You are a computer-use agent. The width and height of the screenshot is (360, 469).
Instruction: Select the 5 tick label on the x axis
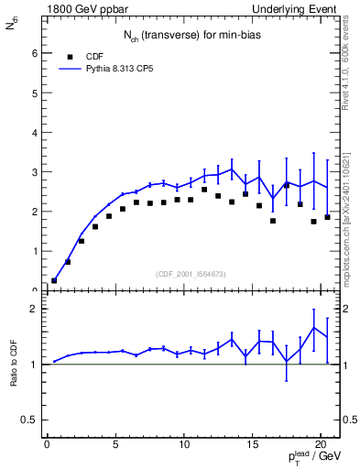115,445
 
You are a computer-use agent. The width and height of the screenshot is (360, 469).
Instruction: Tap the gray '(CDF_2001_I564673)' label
192,273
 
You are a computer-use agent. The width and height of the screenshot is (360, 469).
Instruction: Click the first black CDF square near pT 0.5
54,280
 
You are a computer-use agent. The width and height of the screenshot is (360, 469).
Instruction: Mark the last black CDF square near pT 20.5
327,217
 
